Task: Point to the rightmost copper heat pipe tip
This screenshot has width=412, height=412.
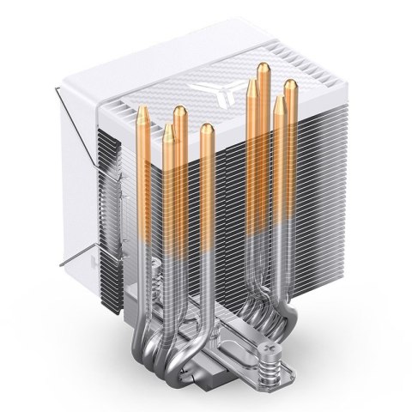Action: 290,86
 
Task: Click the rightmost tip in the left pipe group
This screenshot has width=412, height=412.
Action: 207,130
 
